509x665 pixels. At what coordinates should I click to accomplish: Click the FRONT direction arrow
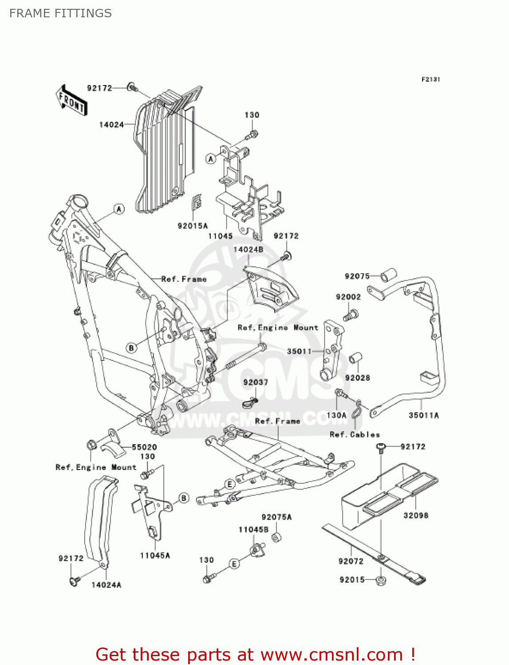click(71, 101)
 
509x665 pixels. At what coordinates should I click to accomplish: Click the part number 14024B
click(248, 250)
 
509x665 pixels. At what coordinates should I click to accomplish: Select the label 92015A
click(193, 226)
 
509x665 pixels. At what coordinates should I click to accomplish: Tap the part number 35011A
click(423, 415)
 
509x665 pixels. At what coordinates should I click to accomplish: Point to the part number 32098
click(415, 516)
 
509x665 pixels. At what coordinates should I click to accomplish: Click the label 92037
click(256, 382)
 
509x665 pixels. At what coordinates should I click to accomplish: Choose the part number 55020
click(144, 447)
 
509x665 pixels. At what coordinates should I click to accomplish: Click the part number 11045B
click(253, 530)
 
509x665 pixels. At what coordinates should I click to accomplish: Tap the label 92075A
click(276, 517)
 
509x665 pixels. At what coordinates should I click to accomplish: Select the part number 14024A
click(106, 585)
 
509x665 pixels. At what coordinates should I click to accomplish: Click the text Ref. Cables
click(355, 435)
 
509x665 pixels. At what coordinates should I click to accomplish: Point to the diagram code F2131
click(430, 79)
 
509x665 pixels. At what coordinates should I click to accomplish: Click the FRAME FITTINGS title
click(60, 13)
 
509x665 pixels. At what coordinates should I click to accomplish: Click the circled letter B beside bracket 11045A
click(184, 498)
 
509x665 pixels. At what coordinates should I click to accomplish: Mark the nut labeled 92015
click(380, 580)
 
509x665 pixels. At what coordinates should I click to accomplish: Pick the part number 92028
click(357, 378)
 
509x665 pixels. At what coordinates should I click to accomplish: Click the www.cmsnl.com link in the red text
click(331, 655)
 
